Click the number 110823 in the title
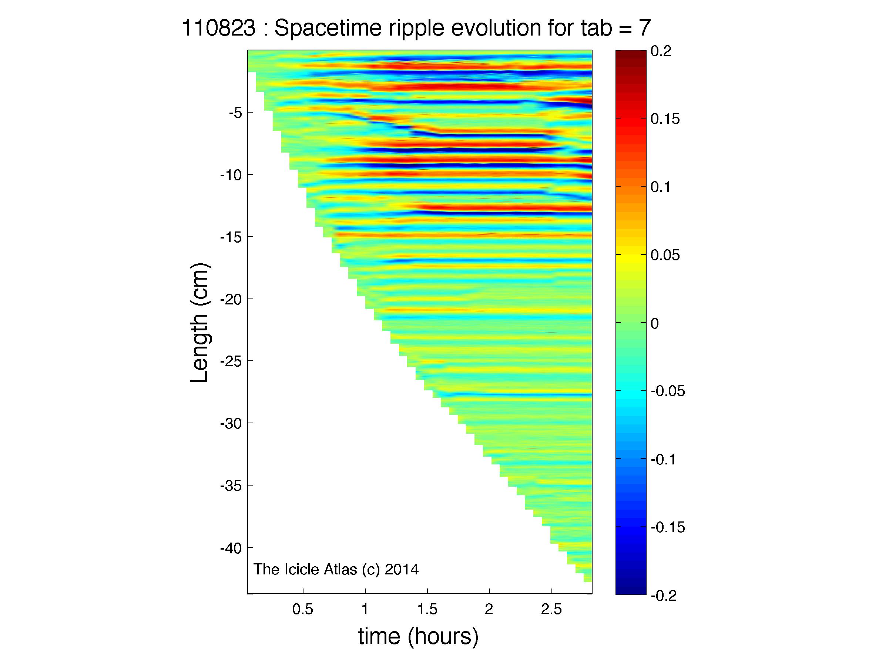point(218,29)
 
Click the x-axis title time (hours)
point(418,636)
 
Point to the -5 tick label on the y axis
point(235,113)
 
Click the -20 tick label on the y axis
point(231,299)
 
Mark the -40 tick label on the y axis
point(231,548)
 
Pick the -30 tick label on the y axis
point(231,423)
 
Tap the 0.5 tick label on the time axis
point(302,610)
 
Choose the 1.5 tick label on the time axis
point(427,610)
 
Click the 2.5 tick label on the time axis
point(551,610)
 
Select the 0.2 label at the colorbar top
point(661,51)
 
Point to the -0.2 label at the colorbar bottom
point(664,596)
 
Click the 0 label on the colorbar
point(654,323)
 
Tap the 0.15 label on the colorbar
point(665,119)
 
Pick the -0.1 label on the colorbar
point(664,459)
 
